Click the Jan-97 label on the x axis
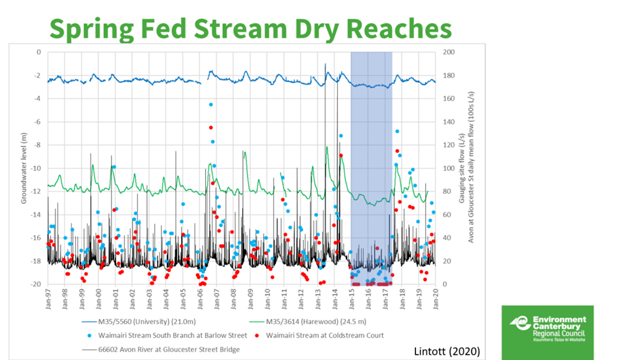coord(48,298)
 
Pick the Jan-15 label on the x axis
coord(352,298)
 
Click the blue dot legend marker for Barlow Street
coord(89,335)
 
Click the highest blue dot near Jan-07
coord(210,104)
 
